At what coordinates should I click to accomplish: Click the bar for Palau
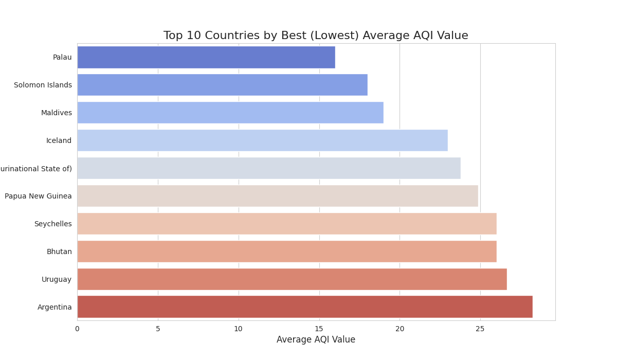[206, 57]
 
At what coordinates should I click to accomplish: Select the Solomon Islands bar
[222, 85]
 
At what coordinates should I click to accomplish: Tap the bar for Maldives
[230, 113]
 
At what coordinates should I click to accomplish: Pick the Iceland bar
[262, 140]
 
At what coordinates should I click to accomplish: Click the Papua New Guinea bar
[278, 196]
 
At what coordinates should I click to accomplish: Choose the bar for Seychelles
[286, 224]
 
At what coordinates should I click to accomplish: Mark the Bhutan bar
[286, 251]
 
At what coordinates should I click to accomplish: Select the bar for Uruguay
[292, 279]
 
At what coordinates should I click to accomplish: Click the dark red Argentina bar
[304, 307]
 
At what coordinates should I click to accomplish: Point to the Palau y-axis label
[62, 57]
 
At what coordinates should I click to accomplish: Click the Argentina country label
[55, 307]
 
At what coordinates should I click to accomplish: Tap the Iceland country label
[59, 140]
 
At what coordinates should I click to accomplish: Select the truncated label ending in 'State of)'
[36, 169]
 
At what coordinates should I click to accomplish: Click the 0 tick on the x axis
[77, 329]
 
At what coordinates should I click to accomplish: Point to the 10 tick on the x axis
[238, 329]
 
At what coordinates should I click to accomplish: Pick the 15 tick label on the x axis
[319, 329]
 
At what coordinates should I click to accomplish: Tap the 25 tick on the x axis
[480, 329]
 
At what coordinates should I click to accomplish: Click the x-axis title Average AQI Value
[316, 340]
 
